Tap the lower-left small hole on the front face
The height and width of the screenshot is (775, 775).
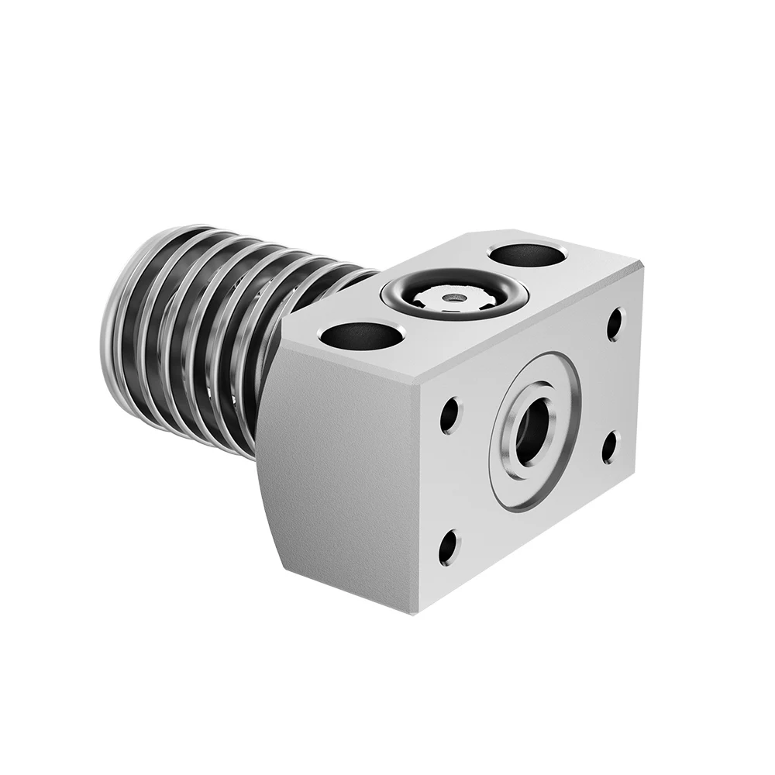tap(448, 548)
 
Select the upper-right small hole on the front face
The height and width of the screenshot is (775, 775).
tap(615, 323)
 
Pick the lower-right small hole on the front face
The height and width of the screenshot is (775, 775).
tap(610, 447)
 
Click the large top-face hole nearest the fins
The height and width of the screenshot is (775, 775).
tap(361, 335)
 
